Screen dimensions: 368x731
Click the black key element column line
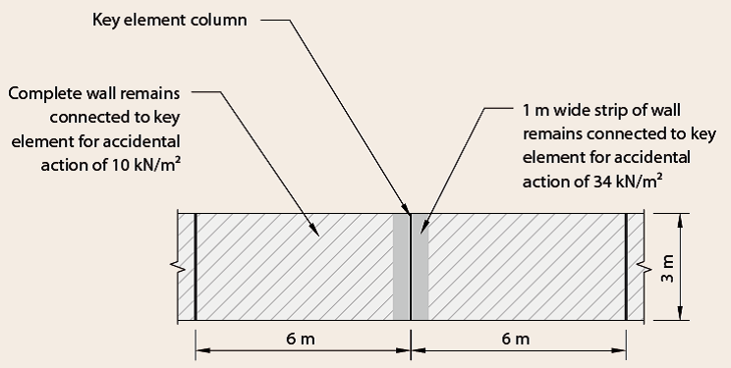pyautogui.click(x=410, y=266)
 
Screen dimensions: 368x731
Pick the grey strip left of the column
pyautogui.click(x=401, y=266)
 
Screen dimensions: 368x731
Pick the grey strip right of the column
pyautogui.click(x=420, y=266)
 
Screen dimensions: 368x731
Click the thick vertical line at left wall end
pyautogui.click(x=196, y=266)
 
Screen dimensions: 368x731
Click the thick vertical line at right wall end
pyautogui.click(x=625, y=266)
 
